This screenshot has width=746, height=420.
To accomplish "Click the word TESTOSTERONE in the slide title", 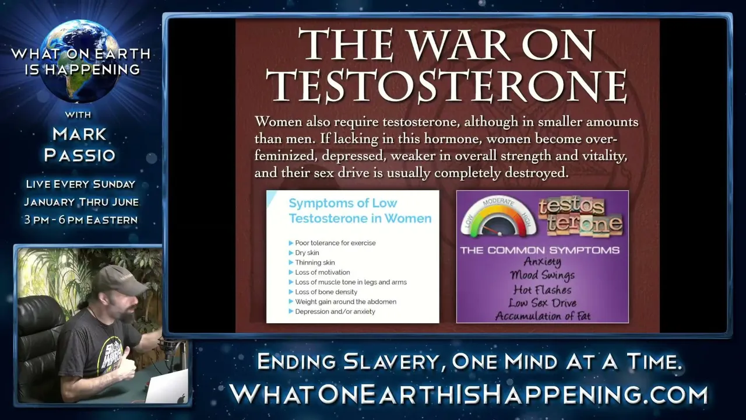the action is [x=446, y=85].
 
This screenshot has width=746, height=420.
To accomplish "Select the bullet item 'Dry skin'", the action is [x=307, y=253].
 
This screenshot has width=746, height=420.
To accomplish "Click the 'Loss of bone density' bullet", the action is [x=326, y=292].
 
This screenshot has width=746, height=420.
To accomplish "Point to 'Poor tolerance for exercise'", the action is [x=335, y=243].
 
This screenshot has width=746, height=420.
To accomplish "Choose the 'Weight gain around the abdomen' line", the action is [x=346, y=302].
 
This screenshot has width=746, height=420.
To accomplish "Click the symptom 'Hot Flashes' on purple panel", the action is [x=543, y=290].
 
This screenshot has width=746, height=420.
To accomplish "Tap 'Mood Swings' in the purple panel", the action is [x=543, y=275].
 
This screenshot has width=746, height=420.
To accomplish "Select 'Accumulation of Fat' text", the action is [x=543, y=316].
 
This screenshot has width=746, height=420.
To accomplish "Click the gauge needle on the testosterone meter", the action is [x=491, y=230].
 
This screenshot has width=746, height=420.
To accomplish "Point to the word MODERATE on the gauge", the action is [x=498, y=201].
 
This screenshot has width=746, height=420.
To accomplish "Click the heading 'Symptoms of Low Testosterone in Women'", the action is [x=360, y=211].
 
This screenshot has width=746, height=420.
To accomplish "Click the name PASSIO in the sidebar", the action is [x=80, y=155].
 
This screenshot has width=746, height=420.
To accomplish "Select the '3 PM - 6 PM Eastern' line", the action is [x=81, y=220].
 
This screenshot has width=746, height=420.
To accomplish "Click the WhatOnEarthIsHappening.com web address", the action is [x=468, y=395].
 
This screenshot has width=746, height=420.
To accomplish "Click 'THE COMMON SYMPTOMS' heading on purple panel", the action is [x=540, y=250].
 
